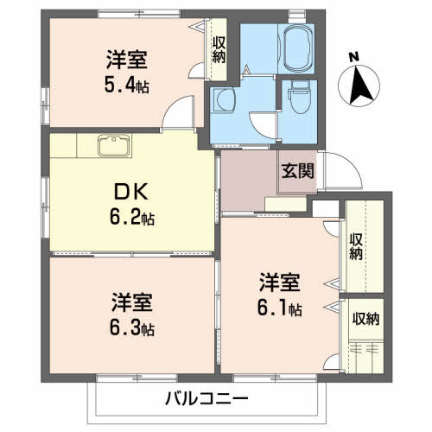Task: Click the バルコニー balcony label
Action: [201, 398]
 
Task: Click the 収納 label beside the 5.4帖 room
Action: [219, 48]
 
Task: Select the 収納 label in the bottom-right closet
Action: [365, 319]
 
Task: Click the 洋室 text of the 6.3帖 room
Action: [132, 302]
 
